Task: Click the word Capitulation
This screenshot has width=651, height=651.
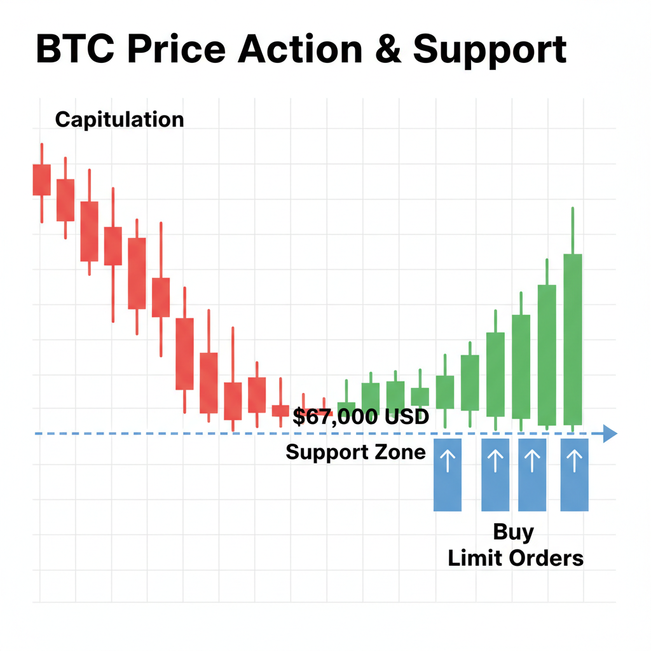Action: [x=120, y=120]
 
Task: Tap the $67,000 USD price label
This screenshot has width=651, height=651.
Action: [x=361, y=418]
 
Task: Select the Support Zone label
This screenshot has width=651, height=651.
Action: [x=355, y=452]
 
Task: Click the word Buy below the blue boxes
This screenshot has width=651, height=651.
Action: [x=514, y=532]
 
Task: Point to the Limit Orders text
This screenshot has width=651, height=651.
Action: [x=516, y=558]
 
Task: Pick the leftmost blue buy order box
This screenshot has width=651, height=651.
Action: [x=447, y=474]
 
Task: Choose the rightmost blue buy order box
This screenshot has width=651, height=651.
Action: [x=574, y=474]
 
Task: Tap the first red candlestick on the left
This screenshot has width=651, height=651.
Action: [x=41, y=179]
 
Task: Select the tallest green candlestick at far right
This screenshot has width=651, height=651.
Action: [x=573, y=339]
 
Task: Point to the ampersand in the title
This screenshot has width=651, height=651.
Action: [x=388, y=50]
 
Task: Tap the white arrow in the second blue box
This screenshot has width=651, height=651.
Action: [x=495, y=460]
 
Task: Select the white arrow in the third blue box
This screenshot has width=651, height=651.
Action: [x=532, y=460]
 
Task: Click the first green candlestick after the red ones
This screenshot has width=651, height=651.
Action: [x=346, y=408]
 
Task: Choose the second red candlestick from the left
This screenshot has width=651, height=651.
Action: [x=65, y=200]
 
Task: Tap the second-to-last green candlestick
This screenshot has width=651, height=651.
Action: [x=547, y=355]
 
